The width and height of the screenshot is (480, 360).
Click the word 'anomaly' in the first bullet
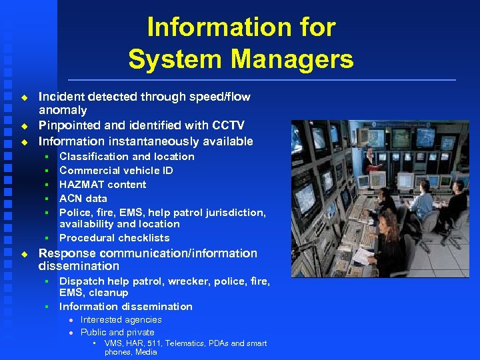click(63, 110)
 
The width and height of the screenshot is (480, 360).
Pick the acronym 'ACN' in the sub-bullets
click(71, 199)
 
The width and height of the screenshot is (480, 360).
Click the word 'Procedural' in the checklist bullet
click(85, 238)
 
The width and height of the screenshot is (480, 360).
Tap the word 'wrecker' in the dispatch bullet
click(189, 281)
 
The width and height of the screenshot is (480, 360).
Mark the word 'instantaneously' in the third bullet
click(148, 141)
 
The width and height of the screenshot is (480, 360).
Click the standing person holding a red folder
click(377, 163)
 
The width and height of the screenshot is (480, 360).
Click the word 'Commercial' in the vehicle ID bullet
click(88, 171)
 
